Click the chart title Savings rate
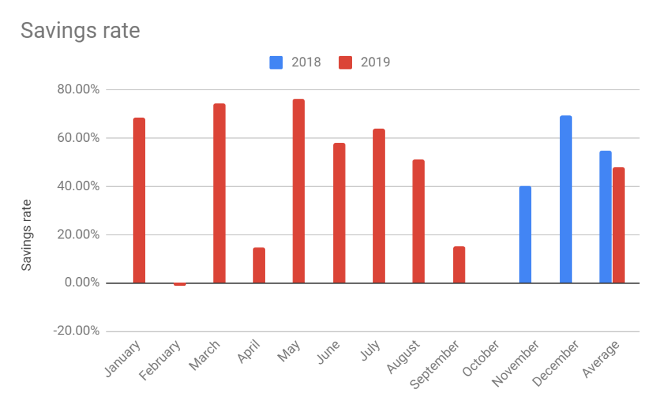click(81, 30)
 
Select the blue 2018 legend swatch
click(277, 63)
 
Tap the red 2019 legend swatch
click(345, 63)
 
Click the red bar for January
click(139, 200)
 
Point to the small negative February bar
click(179, 284)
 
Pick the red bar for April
click(259, 265)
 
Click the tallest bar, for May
click(298, 191)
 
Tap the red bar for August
click(418, 221)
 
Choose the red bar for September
click(459, 264)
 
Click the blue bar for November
click(525, 235)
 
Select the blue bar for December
click(566, 199)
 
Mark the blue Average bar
click(605, 217)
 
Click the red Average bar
click(619, 225)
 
